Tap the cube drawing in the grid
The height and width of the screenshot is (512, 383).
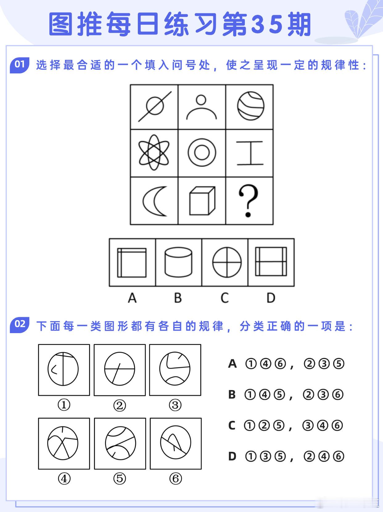coord(202,201)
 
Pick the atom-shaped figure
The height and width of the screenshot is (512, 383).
coord(154,153)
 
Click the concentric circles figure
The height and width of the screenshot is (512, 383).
coord(202,153)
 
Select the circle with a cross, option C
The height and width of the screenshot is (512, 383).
coord(227,262)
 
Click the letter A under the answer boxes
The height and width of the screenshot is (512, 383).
coord(132,298)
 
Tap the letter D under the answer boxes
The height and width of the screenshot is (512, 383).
coord(271,298)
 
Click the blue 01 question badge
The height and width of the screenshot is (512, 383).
coord(20,64)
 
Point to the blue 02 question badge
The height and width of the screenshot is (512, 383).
coord(20,324)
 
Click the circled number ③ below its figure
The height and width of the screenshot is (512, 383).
coord(175,405)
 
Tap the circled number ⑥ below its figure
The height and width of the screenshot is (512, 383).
coord(175,479)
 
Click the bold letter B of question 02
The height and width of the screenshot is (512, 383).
coord(232,395)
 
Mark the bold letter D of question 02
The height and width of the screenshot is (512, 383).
coord(232,456)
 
